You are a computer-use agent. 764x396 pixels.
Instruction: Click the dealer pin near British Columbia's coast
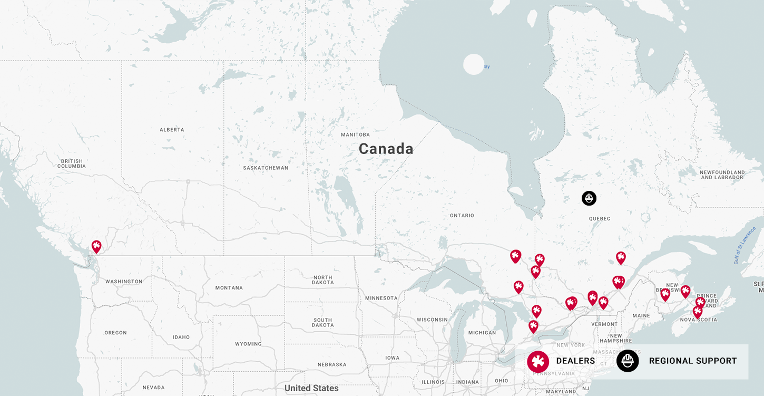click(x=96, y=246)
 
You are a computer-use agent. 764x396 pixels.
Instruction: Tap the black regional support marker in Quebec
click(x=589, y=198)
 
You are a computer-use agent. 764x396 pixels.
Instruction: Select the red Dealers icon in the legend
click(x=538, y=361)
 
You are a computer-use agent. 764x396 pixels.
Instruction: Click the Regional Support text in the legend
click(x=693, y=361)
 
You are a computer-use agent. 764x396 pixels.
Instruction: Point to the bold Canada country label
click(x=386, y=149)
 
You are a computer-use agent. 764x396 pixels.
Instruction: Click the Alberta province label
click(x=172, y=130)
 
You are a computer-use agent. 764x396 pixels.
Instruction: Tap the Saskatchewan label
click(x=266, y=168)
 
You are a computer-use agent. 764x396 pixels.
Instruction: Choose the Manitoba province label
click(x=356, y=135)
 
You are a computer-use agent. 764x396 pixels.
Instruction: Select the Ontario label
click(x=462, y=216)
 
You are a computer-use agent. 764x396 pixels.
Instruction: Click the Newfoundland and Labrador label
click(x=722, y=175)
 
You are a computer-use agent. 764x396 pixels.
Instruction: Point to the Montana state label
click(x=229, y=288)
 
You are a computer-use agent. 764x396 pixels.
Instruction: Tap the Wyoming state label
click(x=248, y=344)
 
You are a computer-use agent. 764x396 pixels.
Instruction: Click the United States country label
click(x=311, y=388)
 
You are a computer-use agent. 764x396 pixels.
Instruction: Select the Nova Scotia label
click(x=699, y=320)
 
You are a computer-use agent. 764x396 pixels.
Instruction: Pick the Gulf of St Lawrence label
click(x=745, y=245)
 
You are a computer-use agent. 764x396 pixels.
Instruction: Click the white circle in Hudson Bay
click(x=474, y=64)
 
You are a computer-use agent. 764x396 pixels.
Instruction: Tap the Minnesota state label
click(x=381, y=298)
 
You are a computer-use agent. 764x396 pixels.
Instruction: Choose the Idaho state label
click(x=181, y=337)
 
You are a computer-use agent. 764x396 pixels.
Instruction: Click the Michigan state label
click(x=482, y=333)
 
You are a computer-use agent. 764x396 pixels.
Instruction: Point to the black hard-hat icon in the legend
click(x=628, y=361)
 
